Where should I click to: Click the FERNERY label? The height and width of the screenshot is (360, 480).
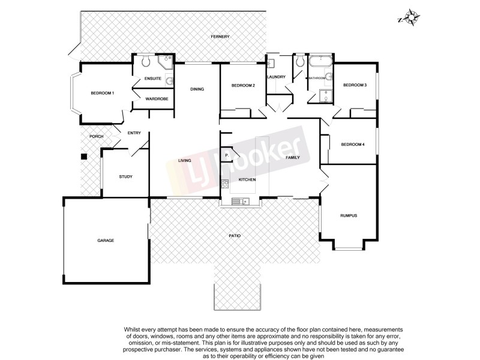coord(220,37)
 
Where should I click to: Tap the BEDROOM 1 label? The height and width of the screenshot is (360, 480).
coord(102,93)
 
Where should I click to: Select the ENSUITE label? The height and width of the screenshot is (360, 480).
coord(153,79)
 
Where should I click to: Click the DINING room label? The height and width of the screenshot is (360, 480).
coord(197,89)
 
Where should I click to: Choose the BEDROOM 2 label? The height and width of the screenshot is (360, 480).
coord(243,86)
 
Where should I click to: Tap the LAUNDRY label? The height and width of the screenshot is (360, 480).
coord(276,77)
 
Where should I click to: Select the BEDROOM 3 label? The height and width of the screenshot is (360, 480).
coord(355,86)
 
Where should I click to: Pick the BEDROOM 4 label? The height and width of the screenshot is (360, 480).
coord(353,144)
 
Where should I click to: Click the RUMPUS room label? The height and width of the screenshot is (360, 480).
coord(349,215)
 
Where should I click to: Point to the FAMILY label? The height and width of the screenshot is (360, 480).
coord(293,157)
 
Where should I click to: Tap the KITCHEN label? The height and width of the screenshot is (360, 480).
coord(247,180)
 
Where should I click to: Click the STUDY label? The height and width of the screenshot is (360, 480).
coord(125,176)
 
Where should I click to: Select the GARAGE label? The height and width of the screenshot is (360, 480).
coord(106,240)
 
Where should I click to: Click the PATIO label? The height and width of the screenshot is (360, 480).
coord(235,236)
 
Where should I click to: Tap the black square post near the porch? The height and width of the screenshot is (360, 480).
coord(84,157)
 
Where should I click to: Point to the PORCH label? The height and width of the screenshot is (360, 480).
coord(96,136)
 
